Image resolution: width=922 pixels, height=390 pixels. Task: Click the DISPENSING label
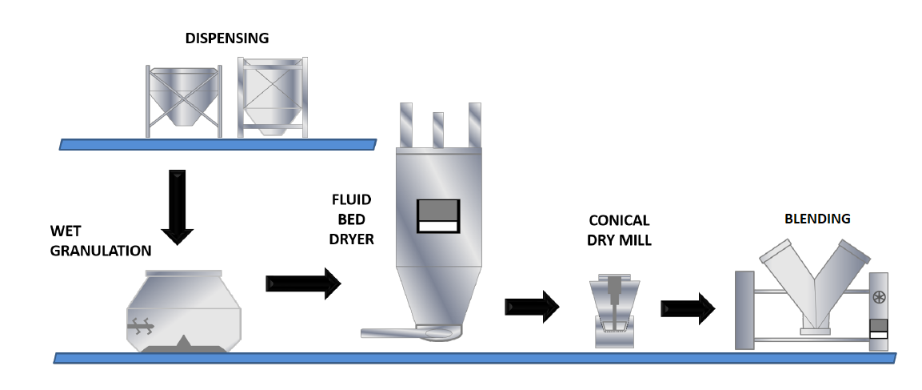click(228, 38)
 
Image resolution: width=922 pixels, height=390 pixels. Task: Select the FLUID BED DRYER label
click(351, 218)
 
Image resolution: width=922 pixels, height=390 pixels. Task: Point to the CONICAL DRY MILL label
click(619, 230)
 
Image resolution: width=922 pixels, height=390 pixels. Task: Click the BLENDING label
click(816, 218)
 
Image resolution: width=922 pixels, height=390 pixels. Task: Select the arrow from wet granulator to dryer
click(303, 284)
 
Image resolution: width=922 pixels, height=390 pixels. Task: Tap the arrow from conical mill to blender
click(688, 308)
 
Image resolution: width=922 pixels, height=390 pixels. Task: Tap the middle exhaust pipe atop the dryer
click(437, 128)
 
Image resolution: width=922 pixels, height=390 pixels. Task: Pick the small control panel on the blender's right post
click(880, 328)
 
